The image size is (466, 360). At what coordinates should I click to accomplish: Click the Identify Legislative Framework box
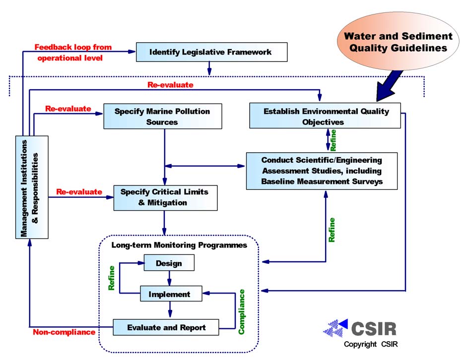tap(211, 52)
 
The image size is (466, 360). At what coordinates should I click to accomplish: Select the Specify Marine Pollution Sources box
tap(162, 116)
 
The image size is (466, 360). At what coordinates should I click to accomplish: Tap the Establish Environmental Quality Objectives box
tap(325, 116)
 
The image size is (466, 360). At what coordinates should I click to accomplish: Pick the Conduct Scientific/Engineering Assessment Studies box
tap(322, 171)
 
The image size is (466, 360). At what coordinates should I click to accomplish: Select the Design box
tap(169, 263)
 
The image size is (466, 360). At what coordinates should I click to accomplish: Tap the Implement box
tap(171, 294)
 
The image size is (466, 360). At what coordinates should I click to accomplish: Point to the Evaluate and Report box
tap(166, 327)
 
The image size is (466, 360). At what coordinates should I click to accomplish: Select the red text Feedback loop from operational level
tap(73, 52)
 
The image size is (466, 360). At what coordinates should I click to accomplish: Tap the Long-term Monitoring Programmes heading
tap(179, 245)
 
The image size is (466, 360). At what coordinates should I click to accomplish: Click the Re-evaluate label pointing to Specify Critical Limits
tap(79, 191)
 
